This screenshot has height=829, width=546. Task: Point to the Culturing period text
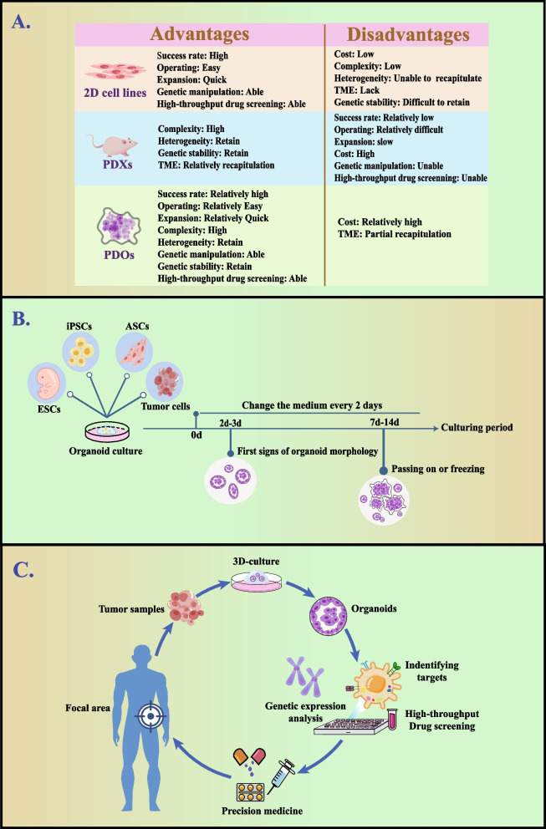point(479,428)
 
